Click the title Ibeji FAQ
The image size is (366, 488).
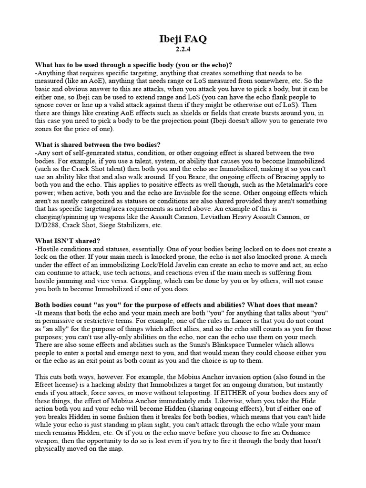[x=183, y=40]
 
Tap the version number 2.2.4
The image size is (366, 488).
[x=183, y=49]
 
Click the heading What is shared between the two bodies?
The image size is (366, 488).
[x=98, y=144]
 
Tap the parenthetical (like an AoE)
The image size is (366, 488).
[x=84, y=81]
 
